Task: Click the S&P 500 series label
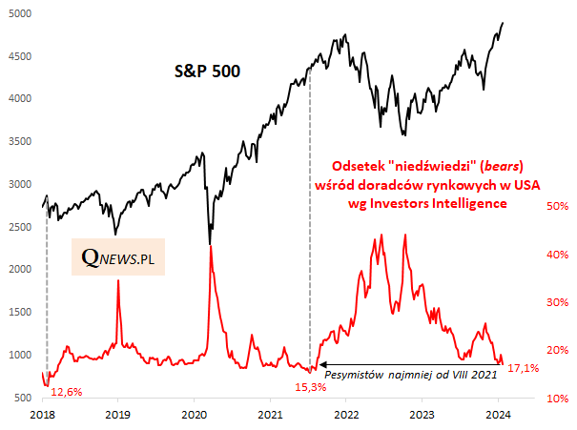click(207, 71)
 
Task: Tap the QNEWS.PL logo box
click(118, 256)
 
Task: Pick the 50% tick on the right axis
click(530, 206)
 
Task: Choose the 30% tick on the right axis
click(530, 302)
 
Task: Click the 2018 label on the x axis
click(43, 416)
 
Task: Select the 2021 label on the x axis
click(271, 416)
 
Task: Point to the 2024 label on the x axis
click(500, 416)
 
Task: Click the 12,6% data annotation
click(66, 391)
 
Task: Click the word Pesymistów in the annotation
click(358, 376)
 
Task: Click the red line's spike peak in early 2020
click(209, 247)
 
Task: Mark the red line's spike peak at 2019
click(117, 280)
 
